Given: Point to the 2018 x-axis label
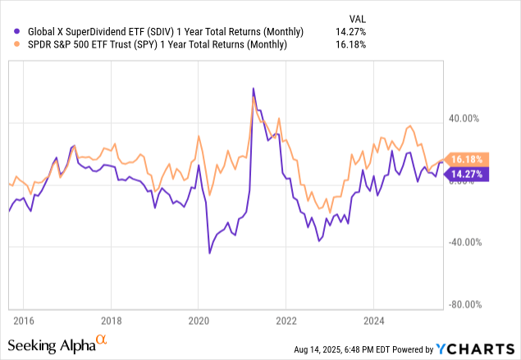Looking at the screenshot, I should (x=111, y=320).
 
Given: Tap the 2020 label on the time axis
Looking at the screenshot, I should (x=199, y=320).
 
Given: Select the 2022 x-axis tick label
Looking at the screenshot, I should (x=286, y=320).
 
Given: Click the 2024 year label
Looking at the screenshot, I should (x=374, y=320).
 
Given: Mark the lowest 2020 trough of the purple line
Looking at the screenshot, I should (x=209, y=253).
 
